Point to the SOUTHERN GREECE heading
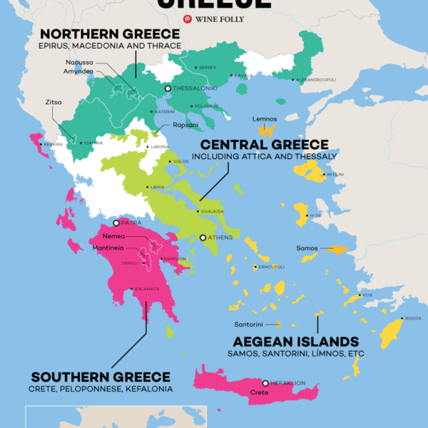pyautogui.click(x=100, y=377)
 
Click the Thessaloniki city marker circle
pyautogui.click(x=168, y=88)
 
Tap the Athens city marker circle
pyautogui.click(x=203, y=238)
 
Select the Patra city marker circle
pyautogui.click(x=116, y=223)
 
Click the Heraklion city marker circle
pyautogui.click(x=265, y=383)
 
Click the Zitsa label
pyautogui.click(x=53, y=102)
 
